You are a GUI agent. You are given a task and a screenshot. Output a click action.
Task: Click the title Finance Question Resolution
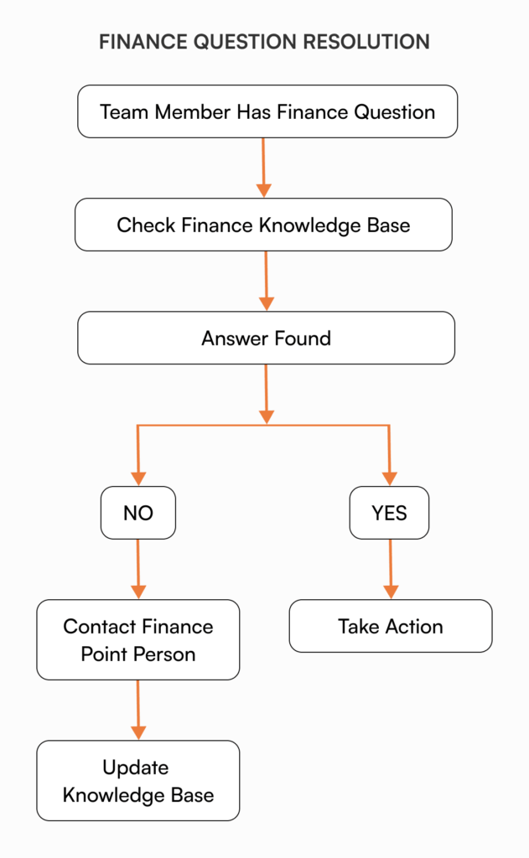point(264,42)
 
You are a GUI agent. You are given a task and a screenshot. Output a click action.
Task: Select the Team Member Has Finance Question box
point(267,111)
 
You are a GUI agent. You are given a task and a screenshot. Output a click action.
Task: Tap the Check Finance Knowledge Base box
point(263,225)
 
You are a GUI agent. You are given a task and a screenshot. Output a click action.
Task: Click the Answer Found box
point(266,339)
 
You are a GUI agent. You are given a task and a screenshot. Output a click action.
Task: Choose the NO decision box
point(138,513)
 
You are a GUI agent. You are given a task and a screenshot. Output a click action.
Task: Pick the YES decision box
point(389,513)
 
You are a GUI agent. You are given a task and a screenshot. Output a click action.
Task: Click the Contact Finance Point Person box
point(138,639)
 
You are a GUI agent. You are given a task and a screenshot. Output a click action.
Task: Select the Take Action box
point(391,626)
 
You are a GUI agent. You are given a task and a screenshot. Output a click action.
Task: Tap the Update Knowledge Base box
point(138,780)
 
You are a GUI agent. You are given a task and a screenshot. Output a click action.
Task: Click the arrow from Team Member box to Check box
point(264,168)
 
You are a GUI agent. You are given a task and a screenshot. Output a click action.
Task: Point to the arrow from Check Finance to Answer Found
point(266,281)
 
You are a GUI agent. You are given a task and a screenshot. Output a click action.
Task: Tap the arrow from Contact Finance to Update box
point(138,710)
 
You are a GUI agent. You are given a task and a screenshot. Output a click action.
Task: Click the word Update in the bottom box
point(136,768)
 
